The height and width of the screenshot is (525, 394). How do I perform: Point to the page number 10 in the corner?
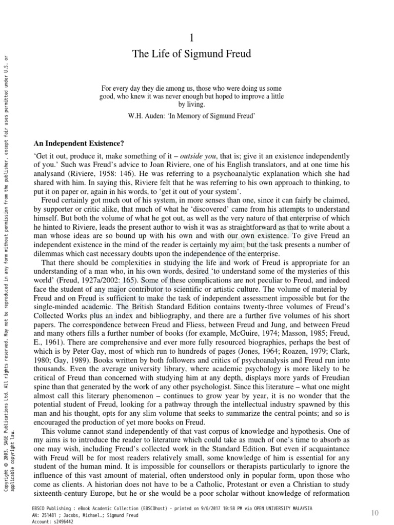point(375,513)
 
